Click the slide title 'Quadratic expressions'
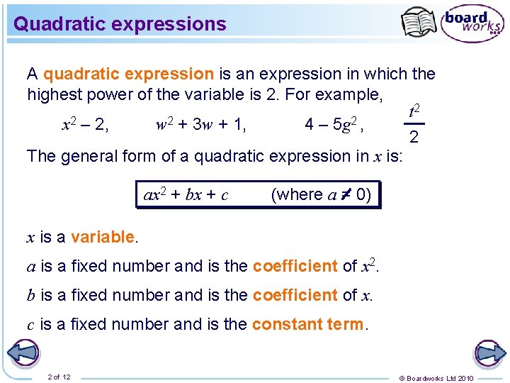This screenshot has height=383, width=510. pos(120,24)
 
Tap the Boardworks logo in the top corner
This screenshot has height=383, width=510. pos(472,24)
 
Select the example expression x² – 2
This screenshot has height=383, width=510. pos(85,126)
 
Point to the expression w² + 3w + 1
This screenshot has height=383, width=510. pos(200,126)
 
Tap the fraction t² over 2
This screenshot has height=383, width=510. pos(414,123)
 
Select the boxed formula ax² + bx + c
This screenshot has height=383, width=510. pos(186,194)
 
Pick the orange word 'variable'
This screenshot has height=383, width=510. pos(102,237)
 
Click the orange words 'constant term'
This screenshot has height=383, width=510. pos(307,324)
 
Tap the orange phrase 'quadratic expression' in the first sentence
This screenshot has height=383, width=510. pos(128,74)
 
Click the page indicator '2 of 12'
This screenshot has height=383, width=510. pos(59,376)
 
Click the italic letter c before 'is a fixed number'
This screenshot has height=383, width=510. pos(30,325)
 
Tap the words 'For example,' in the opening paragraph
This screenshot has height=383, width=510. pos(337,94)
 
